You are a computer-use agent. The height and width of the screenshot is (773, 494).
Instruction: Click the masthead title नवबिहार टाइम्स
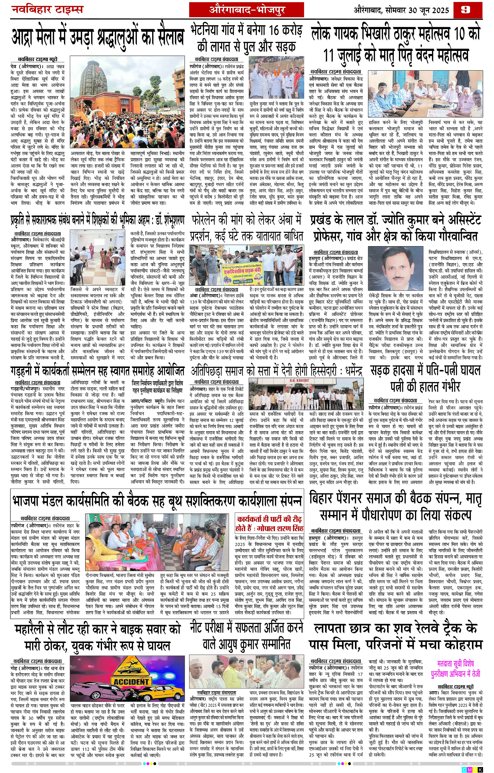tap(47, 9)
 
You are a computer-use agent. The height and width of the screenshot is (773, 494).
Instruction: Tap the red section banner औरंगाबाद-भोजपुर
tap(246, 10)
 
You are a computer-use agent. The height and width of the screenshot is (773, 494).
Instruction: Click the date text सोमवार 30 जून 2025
tap(417, 10)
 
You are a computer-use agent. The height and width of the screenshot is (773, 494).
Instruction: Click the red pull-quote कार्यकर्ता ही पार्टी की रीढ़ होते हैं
tap(269, 524)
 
